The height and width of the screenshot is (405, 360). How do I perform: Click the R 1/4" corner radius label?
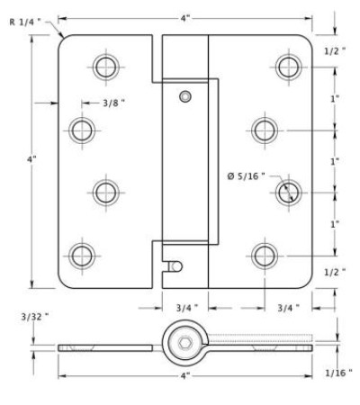tap(25, 22)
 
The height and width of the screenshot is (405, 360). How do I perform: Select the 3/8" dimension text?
tap(113, 103)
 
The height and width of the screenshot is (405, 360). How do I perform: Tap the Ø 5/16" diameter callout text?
tap(246, 176)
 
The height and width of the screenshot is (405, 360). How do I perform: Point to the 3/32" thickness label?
tap(35, 317)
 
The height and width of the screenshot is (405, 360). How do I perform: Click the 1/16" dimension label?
tap(338, 373)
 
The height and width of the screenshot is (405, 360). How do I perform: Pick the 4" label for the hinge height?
tap(31, 159)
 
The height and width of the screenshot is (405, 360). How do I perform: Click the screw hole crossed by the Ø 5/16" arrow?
tap(289, 193)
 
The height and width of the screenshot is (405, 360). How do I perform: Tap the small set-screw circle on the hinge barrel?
tap(185, 96)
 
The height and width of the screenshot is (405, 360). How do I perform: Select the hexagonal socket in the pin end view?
tap(184, 343)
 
